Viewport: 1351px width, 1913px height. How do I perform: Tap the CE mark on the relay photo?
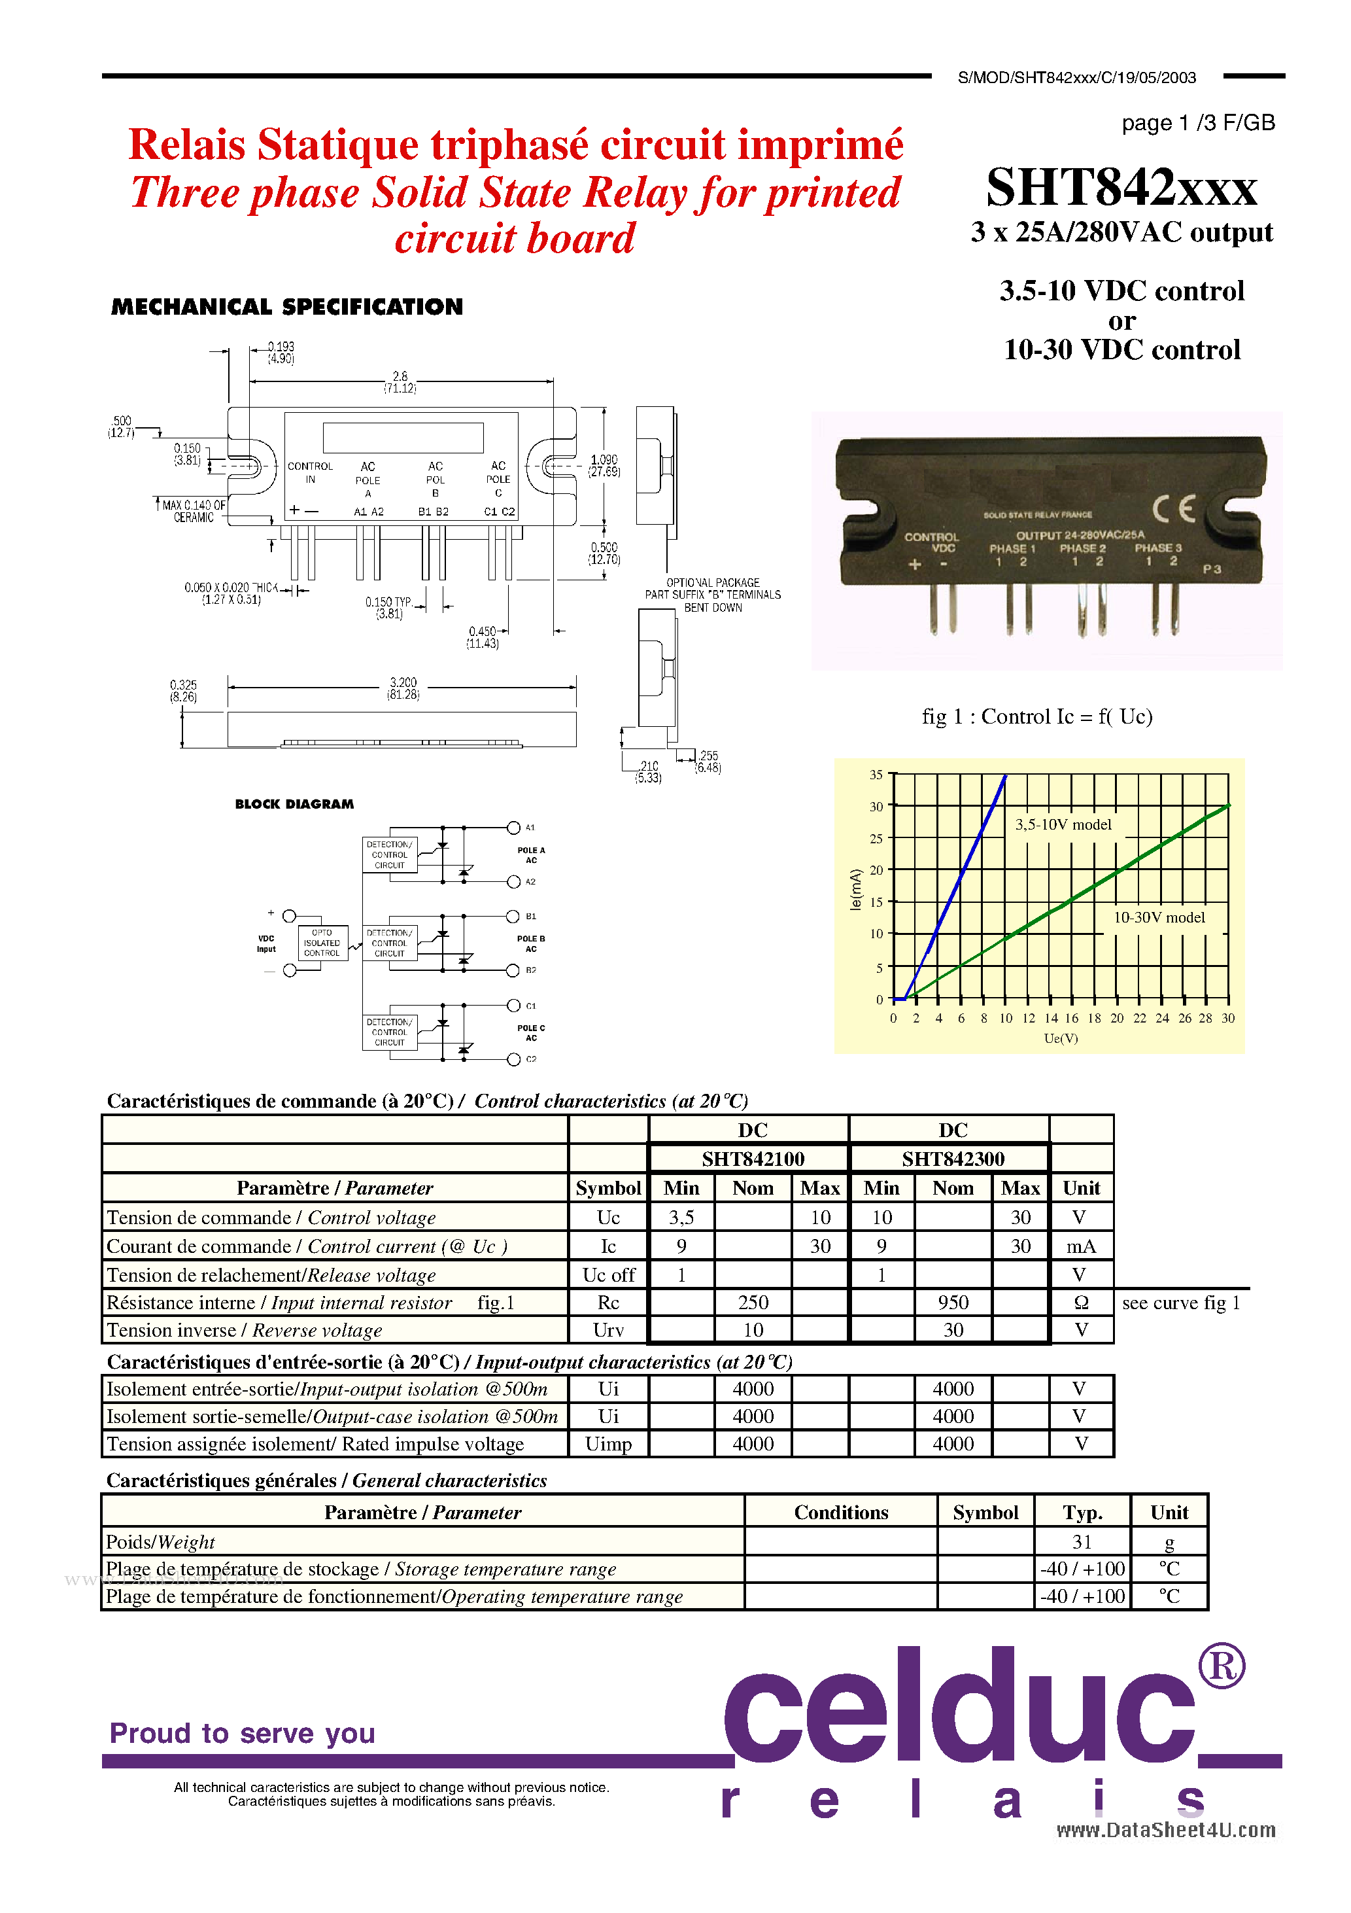[1174, 508]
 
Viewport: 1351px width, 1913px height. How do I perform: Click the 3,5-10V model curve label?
[1063, 824]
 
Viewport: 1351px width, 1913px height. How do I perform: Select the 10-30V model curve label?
[1159, 917]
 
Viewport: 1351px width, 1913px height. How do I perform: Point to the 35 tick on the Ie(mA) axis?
[876, 775]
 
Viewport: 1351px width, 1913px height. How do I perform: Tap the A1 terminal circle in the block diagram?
[514, 828]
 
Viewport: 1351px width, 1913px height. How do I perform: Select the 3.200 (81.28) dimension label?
[403, 688]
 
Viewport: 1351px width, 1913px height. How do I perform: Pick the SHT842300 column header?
[952, 1159]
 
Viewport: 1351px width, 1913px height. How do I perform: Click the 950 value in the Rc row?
[953, 1303]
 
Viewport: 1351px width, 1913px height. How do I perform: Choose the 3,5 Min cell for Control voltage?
[681, 1218]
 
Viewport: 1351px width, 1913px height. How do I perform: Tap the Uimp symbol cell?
[608, 1444]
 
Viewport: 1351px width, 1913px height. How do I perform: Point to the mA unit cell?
[1080, 1246]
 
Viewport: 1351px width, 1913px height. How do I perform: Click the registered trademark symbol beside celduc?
[1221, 1666]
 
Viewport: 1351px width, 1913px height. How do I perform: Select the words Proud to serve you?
[243, 1733]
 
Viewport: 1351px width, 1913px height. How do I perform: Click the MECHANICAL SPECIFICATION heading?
[286, 307]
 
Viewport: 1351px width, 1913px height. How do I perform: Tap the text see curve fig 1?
[1180, 1303]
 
